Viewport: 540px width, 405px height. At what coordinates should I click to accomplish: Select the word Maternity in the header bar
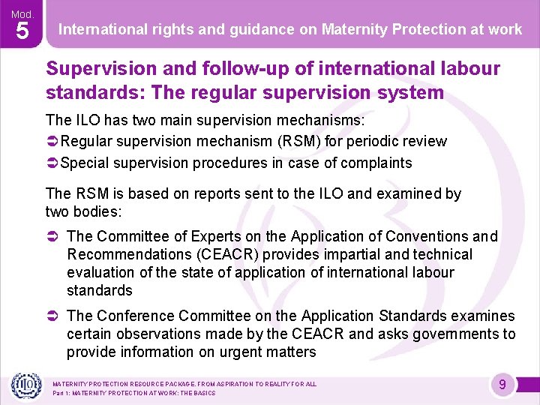pyautogui.click(x=351, y=29)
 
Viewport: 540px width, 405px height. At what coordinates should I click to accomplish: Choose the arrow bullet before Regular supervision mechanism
pyautogui.click(x=52, y=141)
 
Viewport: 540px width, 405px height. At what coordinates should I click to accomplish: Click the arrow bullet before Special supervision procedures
pyautogui.click(x=52, y=163)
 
